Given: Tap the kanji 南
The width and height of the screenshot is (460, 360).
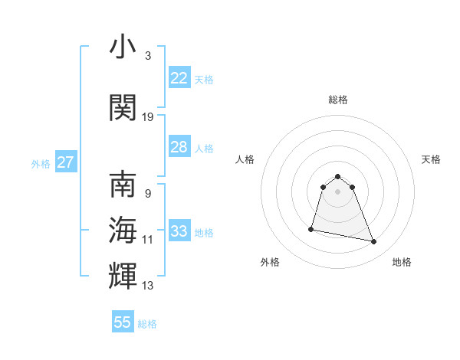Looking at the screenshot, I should (122, 185).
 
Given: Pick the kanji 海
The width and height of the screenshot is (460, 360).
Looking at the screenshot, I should (122, 228).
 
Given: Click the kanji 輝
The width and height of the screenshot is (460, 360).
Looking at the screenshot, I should (122, 274).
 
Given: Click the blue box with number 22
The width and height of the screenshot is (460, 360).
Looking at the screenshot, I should (179, 78).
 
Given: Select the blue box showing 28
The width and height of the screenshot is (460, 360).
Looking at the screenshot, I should (179, 147).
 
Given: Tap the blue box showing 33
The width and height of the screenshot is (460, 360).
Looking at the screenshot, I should (179, 231).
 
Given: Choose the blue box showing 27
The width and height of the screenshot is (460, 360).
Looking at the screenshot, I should (65, 162).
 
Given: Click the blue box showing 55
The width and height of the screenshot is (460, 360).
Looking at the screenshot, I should (123, 322).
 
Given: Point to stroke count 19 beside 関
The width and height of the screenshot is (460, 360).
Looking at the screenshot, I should (148, 117).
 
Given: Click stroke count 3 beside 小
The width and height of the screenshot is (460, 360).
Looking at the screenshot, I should (147, 56).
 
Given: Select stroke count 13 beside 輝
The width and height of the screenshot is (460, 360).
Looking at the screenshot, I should (148, 286).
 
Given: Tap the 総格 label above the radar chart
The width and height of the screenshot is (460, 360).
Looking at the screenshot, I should (338, 100).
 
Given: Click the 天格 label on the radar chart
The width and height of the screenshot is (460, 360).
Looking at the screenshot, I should (432, 159).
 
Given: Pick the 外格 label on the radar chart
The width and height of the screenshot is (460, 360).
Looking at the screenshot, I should (270, 262).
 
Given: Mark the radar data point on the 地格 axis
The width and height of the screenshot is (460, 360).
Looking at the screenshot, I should (374, 242).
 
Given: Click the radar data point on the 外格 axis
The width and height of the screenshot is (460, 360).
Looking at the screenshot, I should (311, 228).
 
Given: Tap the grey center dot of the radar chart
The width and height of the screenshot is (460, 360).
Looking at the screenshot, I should (338, 191).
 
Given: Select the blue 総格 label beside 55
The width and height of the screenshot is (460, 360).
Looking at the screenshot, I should (147, 324).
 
